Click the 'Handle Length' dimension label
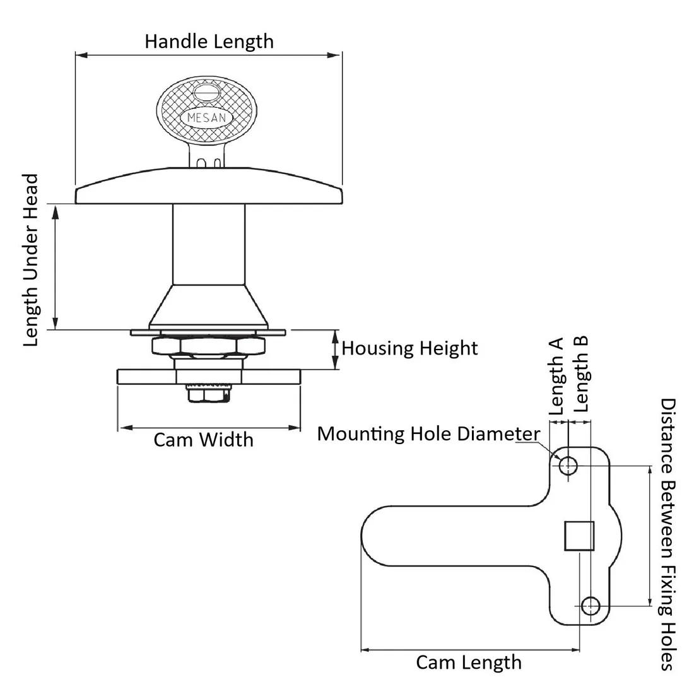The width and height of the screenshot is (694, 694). (x=209, y=42)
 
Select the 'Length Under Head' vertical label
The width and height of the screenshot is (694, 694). (x=32, y=260)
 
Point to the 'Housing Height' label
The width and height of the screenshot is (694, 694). (x=409, y=348)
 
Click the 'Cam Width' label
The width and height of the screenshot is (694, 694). (x=203, y=439)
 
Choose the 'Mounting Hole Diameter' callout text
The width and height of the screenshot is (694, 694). (x=428, y=434)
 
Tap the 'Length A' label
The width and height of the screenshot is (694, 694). (x=556, y=376)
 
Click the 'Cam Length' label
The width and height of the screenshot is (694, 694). (x=469, y=662)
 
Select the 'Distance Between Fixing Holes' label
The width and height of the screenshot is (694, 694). (x=668, y=534)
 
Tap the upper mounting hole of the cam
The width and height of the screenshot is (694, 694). (x=568, y=466)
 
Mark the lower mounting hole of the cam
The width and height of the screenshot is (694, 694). (x=591, y=606)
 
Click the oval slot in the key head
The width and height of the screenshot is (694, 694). (x=207, y=93)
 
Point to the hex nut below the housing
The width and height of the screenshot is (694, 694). (x=208, y=346)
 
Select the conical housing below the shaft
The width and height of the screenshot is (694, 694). (x=208, y=307)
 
